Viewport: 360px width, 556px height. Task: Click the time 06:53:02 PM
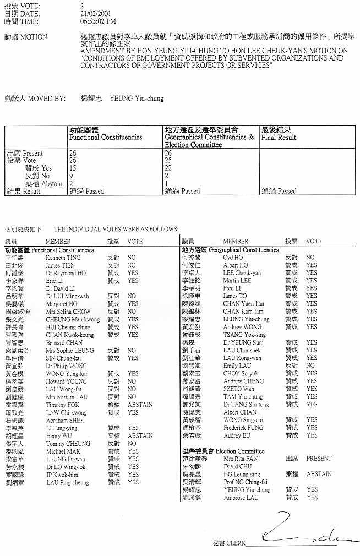98,21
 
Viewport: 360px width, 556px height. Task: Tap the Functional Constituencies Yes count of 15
73,168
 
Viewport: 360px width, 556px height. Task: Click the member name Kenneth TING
63,258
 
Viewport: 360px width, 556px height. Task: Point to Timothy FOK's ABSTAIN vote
140,405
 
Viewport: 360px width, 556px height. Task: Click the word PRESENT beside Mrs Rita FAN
319,459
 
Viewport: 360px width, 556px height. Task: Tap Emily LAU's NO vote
310,366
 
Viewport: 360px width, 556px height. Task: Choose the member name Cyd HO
232,258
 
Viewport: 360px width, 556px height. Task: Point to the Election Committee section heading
216,451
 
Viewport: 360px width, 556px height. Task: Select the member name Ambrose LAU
241,498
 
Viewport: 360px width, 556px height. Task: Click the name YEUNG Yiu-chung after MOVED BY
137,99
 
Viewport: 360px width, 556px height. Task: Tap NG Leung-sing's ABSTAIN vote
319,474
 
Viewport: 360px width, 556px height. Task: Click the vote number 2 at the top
82,6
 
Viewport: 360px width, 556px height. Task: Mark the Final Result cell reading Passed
279,192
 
